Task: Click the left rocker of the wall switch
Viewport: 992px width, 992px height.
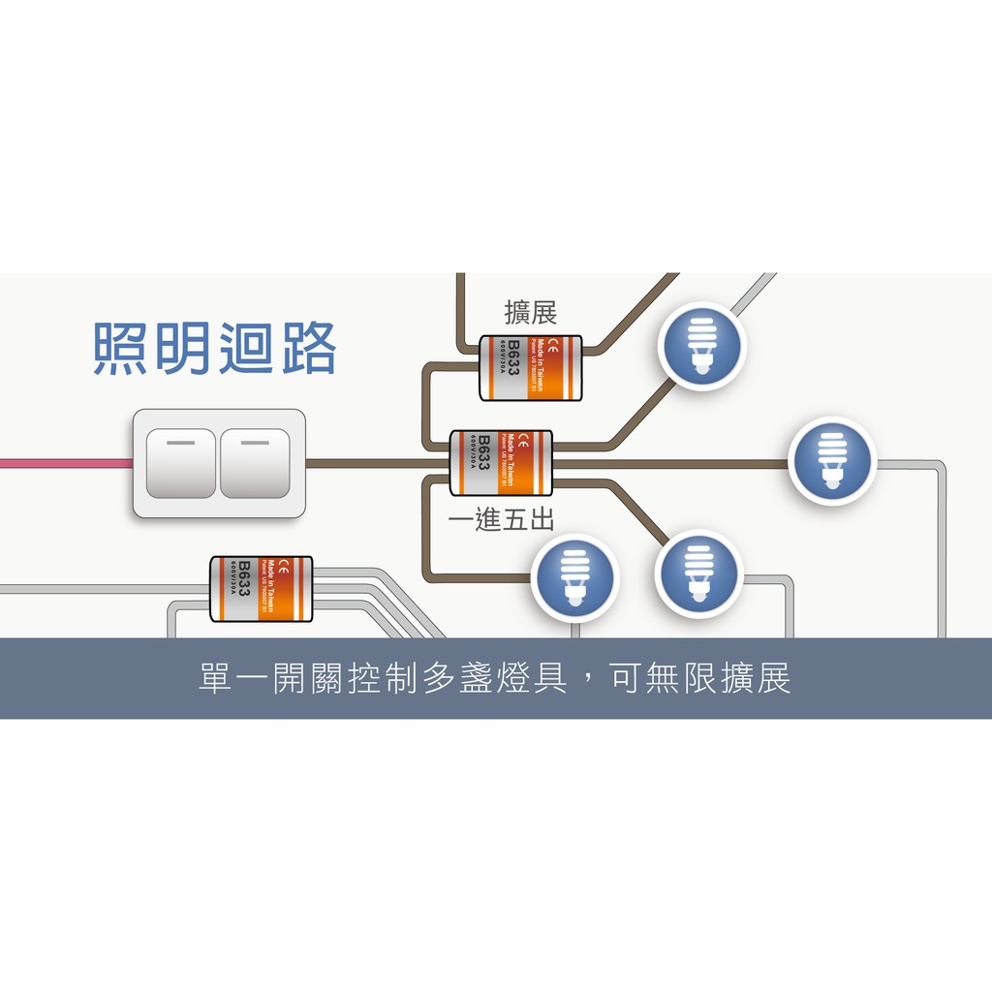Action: pos(180,463)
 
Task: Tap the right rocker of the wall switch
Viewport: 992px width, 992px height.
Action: pos(255,463)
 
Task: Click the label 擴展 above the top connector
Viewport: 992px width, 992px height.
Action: pos(531,313)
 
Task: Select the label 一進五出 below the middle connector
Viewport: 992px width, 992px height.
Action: pos(501,520)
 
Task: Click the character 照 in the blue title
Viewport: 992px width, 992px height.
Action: pos(123,348)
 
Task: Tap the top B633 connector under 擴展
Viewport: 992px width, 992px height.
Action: pos(531,368)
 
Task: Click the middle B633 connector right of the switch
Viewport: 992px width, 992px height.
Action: pos(501,463)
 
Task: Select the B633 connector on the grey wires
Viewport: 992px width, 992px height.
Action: pos(262,589)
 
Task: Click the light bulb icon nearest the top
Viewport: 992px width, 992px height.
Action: pos(700,346)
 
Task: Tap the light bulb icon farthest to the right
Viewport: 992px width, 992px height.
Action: pos(832,460)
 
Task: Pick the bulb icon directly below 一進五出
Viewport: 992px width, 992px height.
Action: pos(574,577)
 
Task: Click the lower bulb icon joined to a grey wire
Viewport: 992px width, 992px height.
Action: pos(698,574)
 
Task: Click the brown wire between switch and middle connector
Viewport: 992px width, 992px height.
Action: pos(378,463)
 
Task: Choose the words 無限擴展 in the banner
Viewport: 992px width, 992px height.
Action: pos(718,679)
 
